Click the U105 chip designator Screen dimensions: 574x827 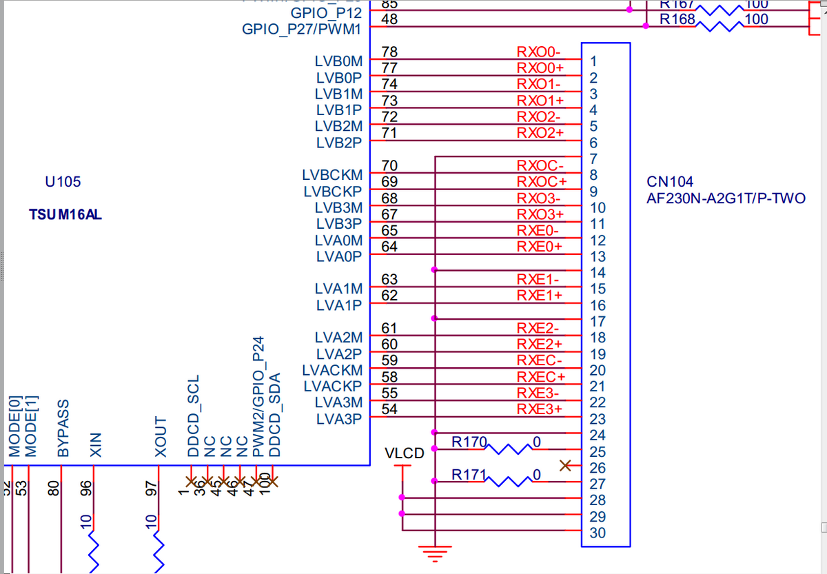click(63, 183)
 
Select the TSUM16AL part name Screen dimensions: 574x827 click(65, 214)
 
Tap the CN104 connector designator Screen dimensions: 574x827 click(670, 183)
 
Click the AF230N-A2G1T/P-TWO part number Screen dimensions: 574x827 click(726, 199)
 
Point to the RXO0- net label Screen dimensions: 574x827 click(539, 52)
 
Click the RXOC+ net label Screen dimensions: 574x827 click(541, 182)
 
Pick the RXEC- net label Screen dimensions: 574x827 click(540, 360)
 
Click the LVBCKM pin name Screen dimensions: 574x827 click(332, 176)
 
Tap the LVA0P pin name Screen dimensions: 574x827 click(339, 257)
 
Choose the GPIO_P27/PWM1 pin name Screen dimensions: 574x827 click(302, 30)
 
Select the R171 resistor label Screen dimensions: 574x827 click(469, 474)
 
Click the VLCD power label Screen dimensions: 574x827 click(405, 454)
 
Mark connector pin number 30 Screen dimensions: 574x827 click(598, 533)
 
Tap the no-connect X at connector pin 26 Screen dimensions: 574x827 click(566, 466)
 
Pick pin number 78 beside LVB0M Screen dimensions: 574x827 click(389, 52)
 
